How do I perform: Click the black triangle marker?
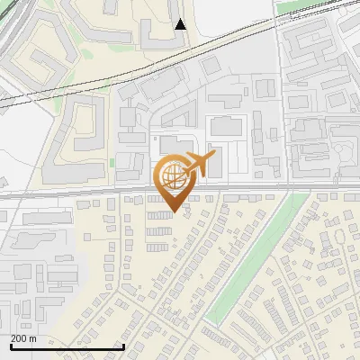181,24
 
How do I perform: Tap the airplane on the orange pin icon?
200,165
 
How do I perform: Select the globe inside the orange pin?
175,178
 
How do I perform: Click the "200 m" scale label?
23,338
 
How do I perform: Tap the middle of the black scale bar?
67,347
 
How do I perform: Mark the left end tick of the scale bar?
11,346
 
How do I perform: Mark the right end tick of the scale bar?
122,346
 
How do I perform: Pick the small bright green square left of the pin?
112,162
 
